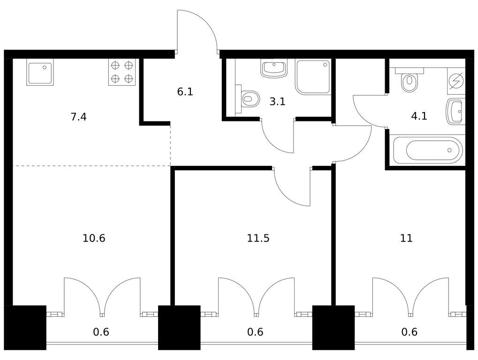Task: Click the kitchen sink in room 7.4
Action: coord(40,72)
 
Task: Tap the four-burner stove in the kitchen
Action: coord(122,72)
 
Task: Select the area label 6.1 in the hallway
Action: coord(185,92)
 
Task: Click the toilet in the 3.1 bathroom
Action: coord(250,99)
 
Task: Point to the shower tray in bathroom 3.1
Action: coord(313,76)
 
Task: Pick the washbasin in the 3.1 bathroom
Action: coord(273,69)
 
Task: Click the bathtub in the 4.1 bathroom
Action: coord(428,150)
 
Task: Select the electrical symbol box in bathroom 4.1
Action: coord(455,81)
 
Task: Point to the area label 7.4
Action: coord(78,117)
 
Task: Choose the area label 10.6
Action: coord(94,238)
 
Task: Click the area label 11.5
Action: coord(258,238)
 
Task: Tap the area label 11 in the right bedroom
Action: coord(406,238)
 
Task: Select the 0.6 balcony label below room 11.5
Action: coord(255,332)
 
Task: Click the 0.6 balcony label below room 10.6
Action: coord(101,332)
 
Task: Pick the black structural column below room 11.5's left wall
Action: coord(179,328)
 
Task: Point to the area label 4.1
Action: coord(419,116)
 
